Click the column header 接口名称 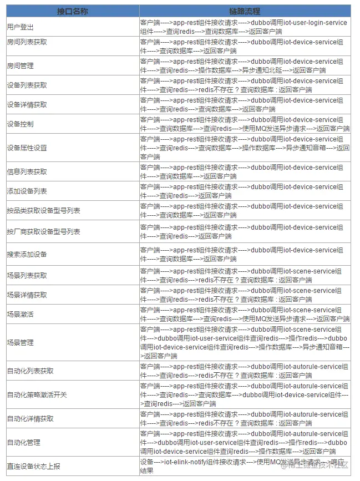[72, 11]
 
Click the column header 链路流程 [244, 11]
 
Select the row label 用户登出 [20, 27]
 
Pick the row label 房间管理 [20, 65]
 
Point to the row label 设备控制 [20, 124]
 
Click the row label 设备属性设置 [27, 148]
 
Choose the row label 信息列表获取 [27, 171]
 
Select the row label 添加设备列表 [27, 191]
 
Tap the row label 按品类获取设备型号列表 [43, 210]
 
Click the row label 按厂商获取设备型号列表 [43, 231]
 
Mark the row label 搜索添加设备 [27, 254]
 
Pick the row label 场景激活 [20, 314]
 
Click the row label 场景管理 [20, 342]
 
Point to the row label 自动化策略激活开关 [37, 394]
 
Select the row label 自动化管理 [23, 442]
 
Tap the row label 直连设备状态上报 [33, 467]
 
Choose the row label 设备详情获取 [27, 104]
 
